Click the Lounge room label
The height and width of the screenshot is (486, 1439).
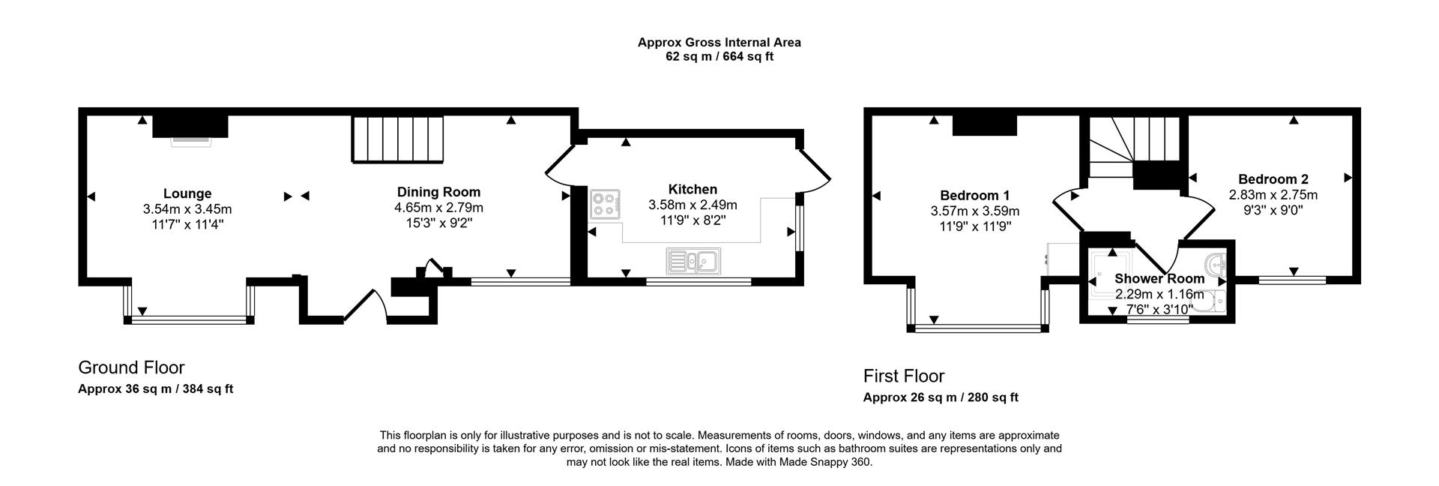187,193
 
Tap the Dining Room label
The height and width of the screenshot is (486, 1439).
438,192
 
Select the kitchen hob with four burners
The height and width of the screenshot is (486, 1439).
605,204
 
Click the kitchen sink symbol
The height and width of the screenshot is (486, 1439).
693,261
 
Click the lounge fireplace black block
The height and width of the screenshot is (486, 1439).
190,125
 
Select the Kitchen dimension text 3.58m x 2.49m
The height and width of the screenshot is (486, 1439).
693,205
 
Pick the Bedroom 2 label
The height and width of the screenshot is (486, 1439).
1273,179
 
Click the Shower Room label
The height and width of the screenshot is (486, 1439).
1159,278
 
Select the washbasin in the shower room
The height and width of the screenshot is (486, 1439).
1216,263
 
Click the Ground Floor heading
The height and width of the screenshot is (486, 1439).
131,367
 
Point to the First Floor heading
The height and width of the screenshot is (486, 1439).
903,376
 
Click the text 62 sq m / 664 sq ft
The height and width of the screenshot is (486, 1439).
719,56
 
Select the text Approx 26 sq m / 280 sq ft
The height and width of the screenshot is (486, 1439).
940,397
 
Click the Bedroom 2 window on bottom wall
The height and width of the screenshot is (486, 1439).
1292,280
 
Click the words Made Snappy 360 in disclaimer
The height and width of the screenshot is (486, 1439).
826,463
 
